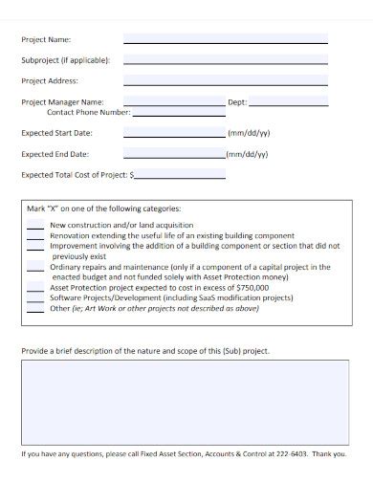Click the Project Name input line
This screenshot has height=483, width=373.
tap(226, 41)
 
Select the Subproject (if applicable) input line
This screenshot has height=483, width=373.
tap(226, 60)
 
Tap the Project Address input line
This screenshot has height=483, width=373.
tap(226, 81)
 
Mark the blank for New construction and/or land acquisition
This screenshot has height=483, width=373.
tap(34, 226)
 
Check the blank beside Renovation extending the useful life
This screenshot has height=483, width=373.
tap(34, 234)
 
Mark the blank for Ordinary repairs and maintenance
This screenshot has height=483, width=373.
tap(34, 268)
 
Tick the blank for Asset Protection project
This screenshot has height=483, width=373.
tap(34, 287)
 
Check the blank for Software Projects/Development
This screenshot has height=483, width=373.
tap(34, 297)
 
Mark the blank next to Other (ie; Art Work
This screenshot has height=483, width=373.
tap(34, 308)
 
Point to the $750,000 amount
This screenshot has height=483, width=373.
tap(250, 287)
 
